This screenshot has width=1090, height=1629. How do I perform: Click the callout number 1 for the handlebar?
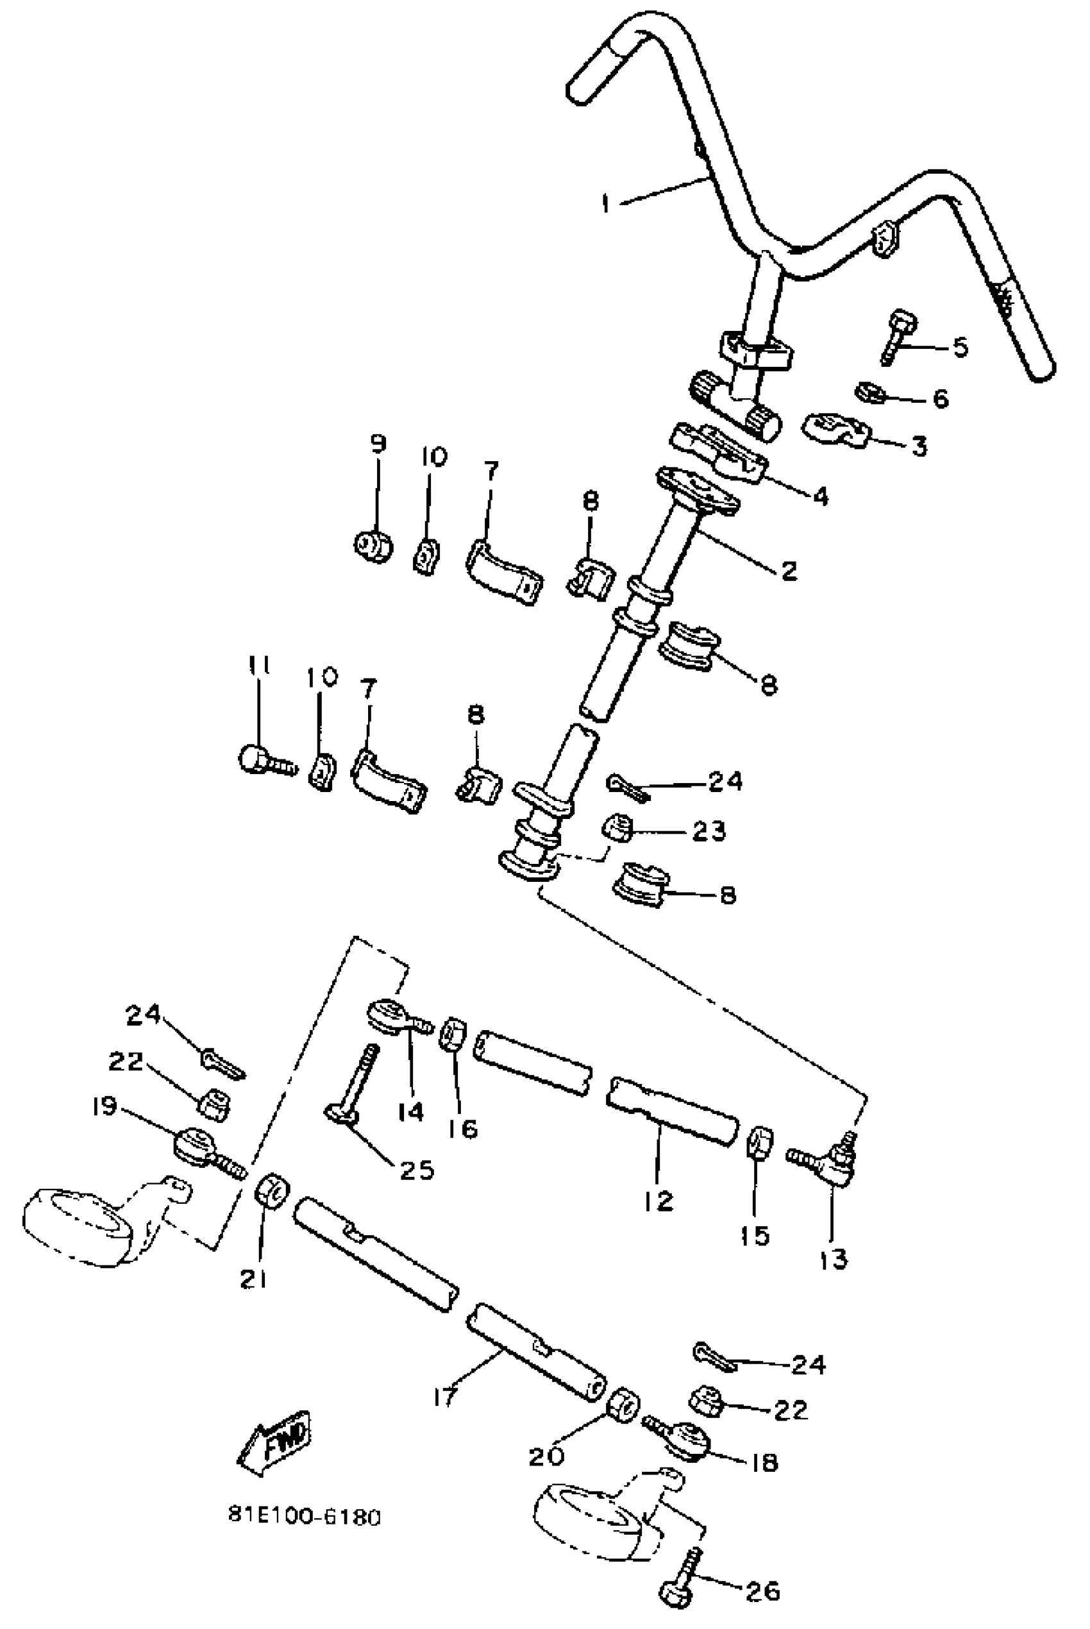coord(605,204)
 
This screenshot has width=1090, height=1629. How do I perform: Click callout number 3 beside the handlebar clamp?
coord(919,446)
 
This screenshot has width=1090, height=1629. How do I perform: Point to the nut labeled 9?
coord(373,546)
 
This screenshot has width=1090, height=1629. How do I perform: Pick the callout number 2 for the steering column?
coord(788,570)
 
